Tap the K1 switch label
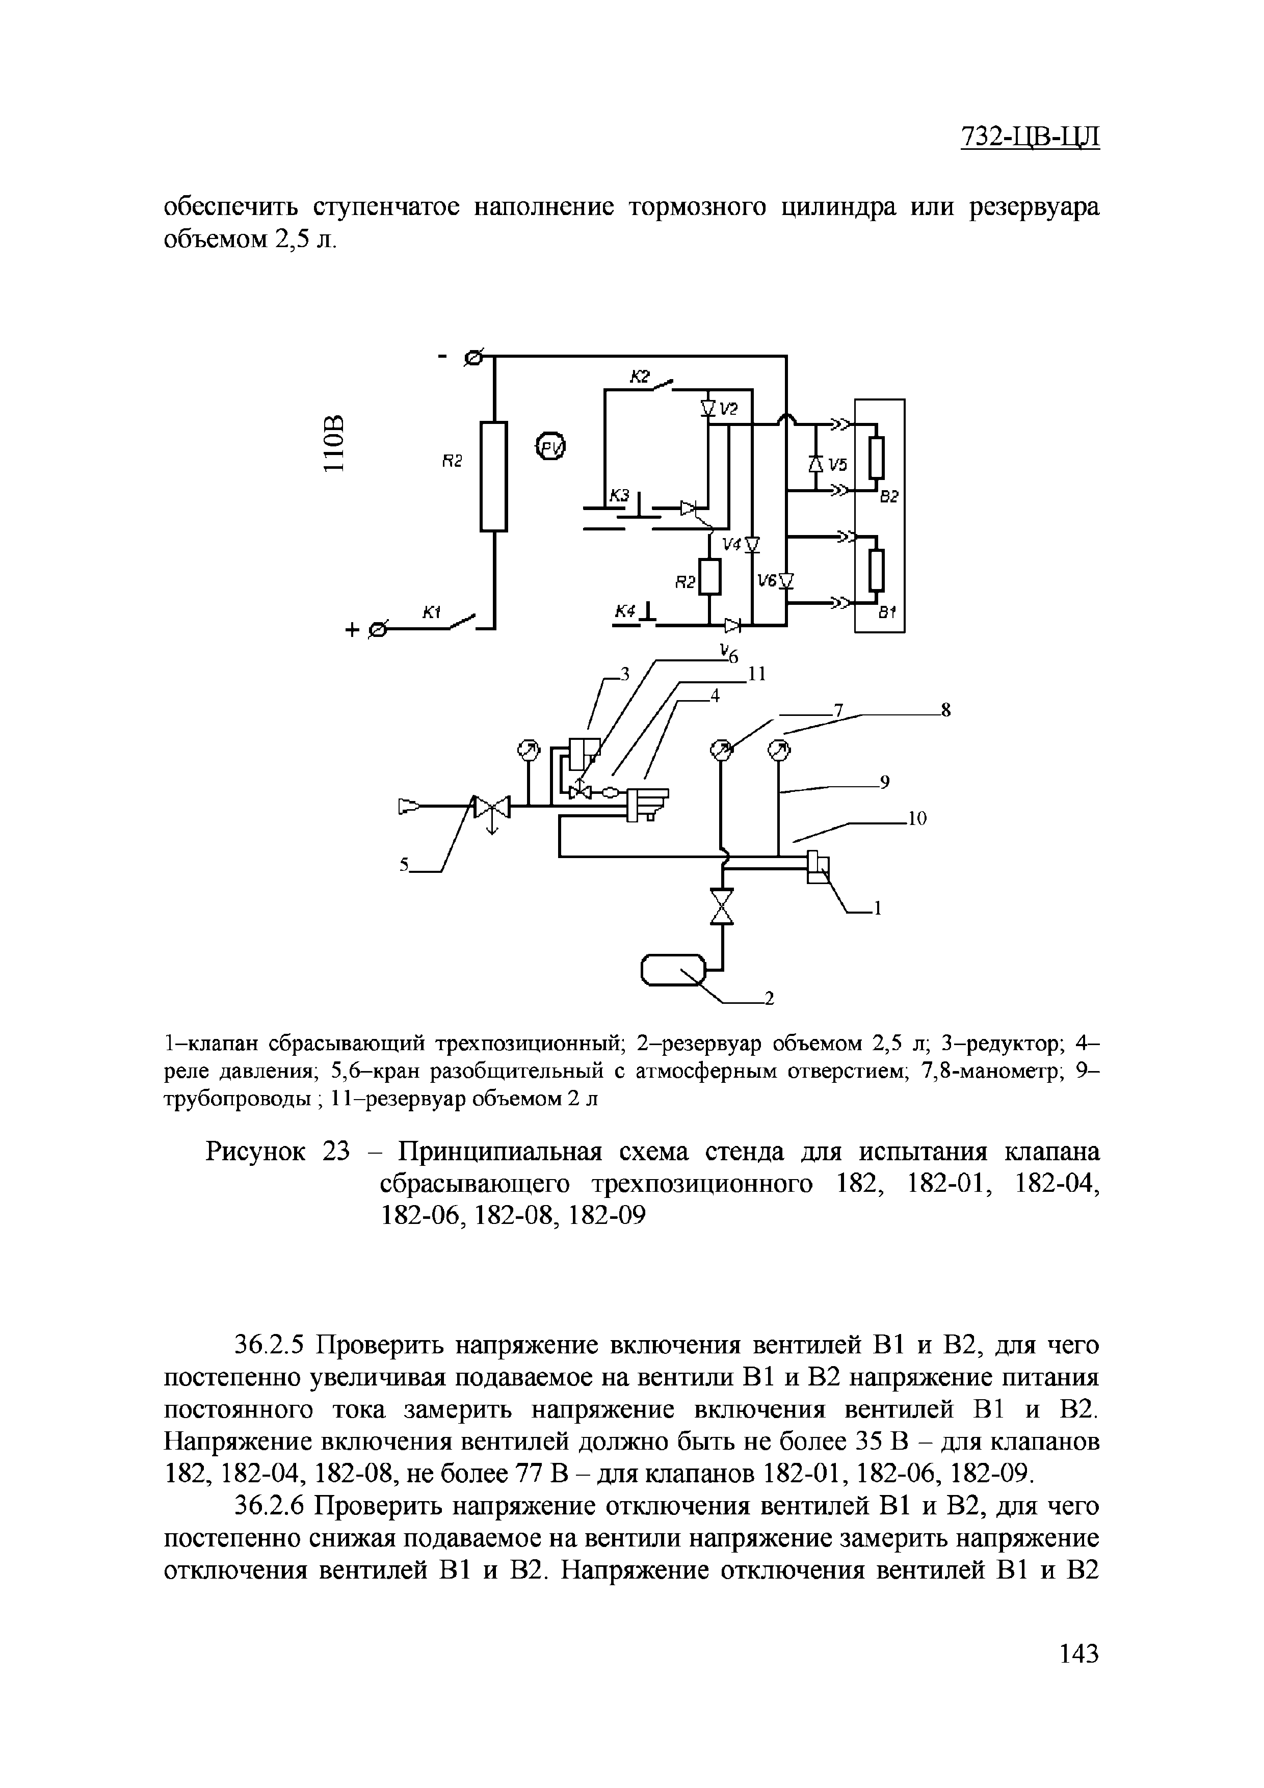point(432,613)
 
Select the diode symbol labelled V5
point(815,464)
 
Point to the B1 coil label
point(888,613)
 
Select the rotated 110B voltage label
point(333,443)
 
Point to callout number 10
point(917,818)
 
